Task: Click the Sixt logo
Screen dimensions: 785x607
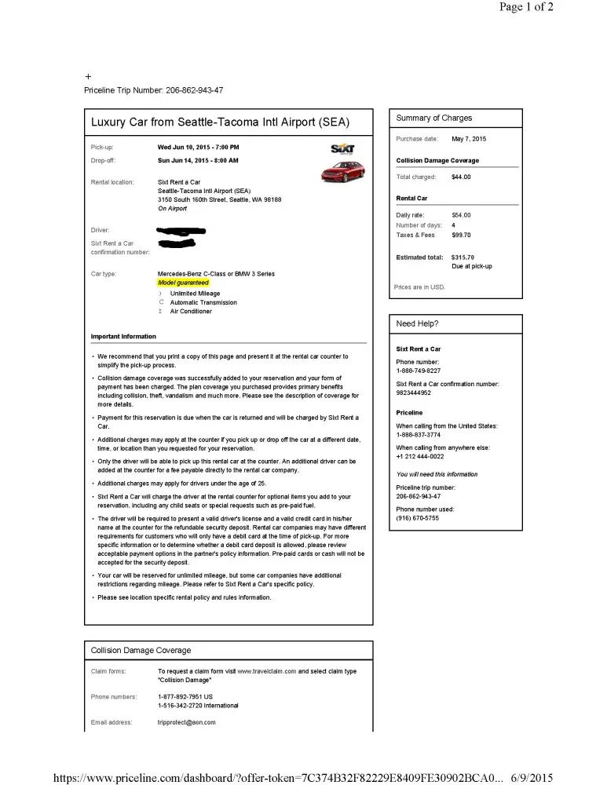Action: (343, 149)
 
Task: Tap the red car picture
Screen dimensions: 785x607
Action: (342, 171)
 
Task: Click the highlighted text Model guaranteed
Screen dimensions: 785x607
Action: (183, 283)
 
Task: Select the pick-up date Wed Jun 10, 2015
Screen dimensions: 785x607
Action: (199, 147)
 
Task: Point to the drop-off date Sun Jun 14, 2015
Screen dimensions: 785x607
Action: (198, 160)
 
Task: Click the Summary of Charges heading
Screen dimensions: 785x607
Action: (434, 119)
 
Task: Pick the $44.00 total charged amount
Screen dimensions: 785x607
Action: (461, 177)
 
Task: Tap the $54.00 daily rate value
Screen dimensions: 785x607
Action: (461, 215)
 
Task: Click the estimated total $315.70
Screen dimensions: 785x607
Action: (463, 257)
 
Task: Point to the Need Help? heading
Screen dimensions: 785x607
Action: (418, 323)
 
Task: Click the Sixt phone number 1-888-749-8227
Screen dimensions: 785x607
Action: (419, 371)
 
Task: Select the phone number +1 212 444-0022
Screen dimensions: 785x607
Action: (420, 457)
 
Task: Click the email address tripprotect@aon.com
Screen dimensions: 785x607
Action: (187, 722)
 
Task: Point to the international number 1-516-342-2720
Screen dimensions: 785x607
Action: (187, 706)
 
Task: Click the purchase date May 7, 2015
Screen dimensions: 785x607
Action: (469, 139)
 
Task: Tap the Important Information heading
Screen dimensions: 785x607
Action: (123, 337)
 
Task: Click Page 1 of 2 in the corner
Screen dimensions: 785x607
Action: (527, 7)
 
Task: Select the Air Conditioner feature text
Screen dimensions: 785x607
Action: (191, 312)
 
